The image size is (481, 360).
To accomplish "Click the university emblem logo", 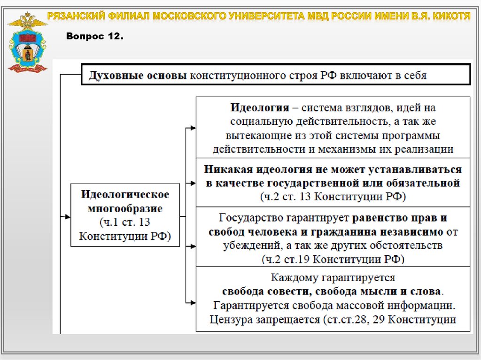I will [x=27, y=43].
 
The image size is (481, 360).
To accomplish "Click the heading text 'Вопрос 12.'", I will [x=95, y=36].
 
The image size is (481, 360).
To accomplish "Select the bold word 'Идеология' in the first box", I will [x=259, y=107].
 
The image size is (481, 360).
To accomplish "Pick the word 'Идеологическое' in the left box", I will [x=125, y=194].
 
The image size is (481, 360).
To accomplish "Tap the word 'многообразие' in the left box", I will [x=125, y=208].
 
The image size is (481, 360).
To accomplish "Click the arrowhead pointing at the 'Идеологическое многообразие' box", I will [x=67, y=216].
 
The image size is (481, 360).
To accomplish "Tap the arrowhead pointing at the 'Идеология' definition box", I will [x=192, y=127].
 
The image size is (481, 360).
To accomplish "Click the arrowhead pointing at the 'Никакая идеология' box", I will [x=192, y=183].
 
